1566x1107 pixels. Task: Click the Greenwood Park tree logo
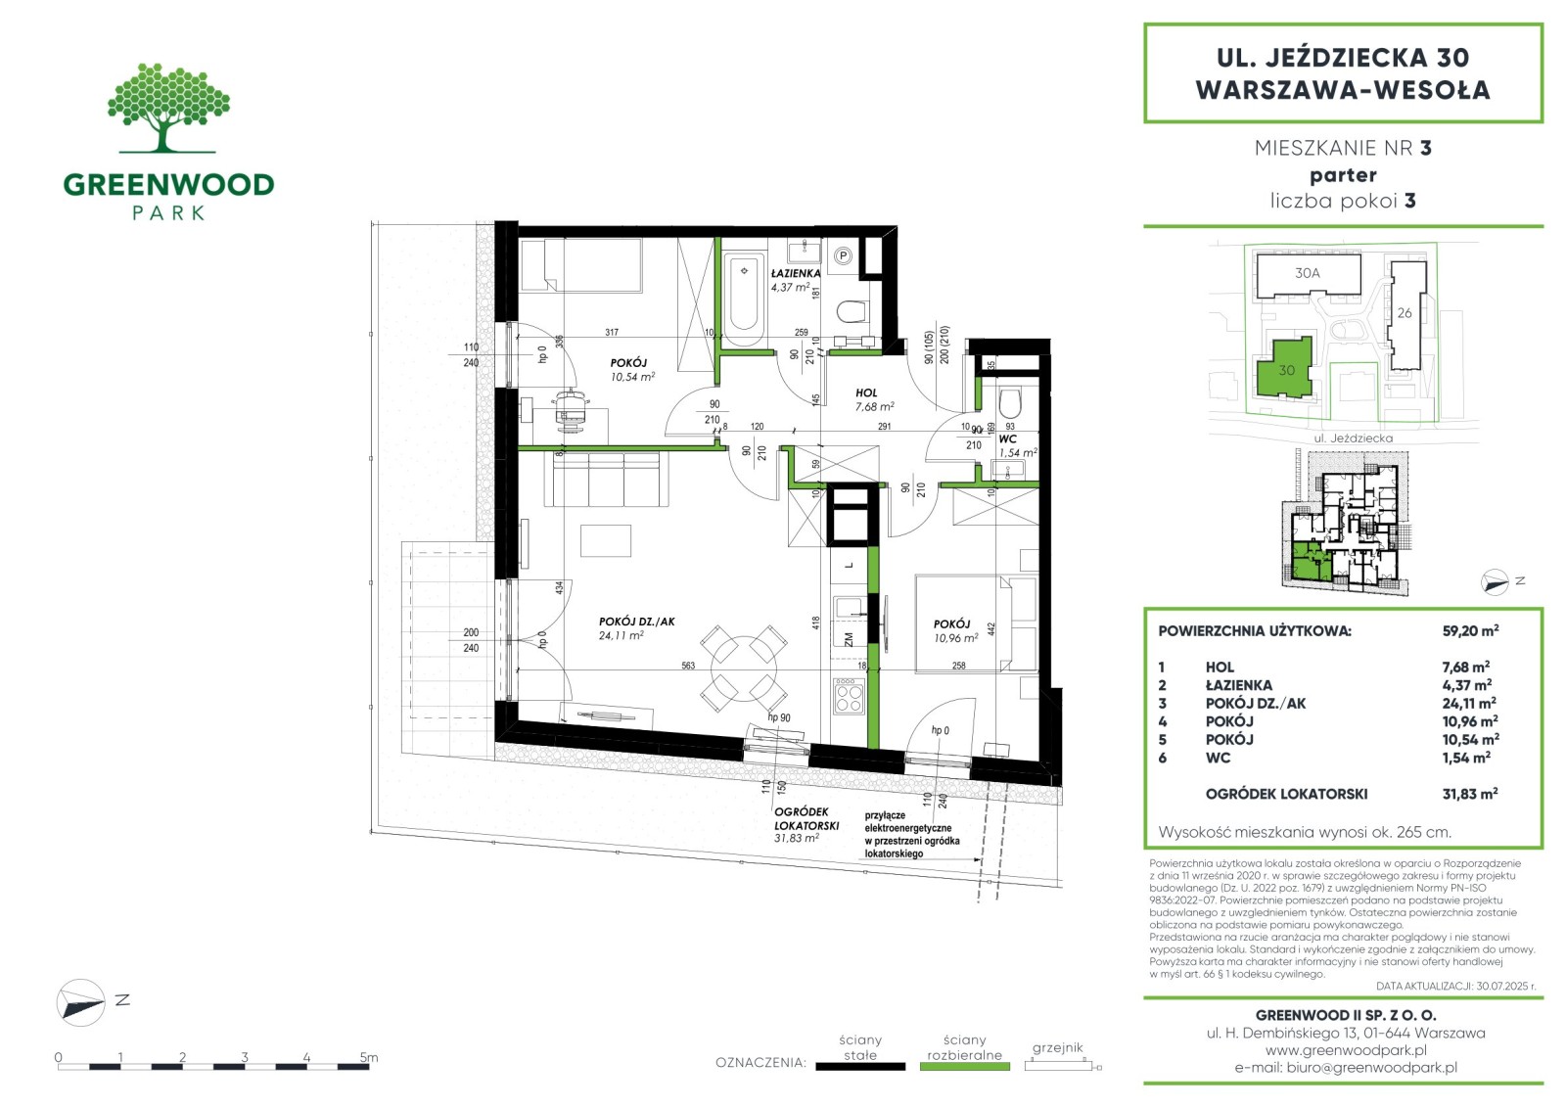167,109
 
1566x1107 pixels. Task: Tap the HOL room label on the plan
865,393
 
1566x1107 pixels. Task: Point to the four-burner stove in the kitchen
848,697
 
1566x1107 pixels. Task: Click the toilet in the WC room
1010,402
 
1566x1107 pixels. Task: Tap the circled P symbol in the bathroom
844,256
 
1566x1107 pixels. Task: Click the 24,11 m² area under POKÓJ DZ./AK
621,635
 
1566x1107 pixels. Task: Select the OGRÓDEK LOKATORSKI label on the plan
806,818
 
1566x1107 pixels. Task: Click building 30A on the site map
1308,275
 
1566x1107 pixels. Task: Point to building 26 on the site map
1406,315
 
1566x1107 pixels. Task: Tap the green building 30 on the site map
1286,369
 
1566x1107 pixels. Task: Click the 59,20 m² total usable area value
1470,630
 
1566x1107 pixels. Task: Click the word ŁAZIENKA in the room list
1238,685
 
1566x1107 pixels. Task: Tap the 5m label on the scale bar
369,1057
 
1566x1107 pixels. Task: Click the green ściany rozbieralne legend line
965,1067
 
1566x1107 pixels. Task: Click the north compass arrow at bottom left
80,1003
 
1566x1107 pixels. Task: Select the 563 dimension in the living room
688,666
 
